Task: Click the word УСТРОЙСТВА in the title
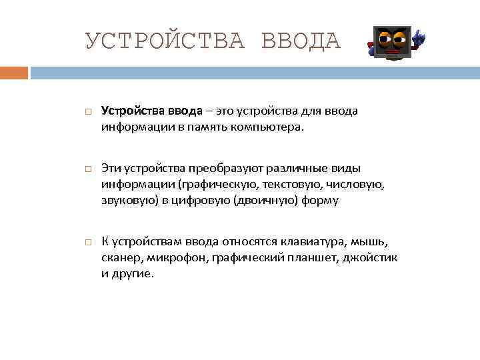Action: click(x=166, y=41)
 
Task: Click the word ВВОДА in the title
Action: click(x=301, y=41)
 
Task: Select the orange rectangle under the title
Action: click(x=14, y=72)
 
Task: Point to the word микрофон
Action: click(x=176, y=258)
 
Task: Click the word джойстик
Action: click(x=371, y=258)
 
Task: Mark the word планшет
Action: click(x=307, y=258)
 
